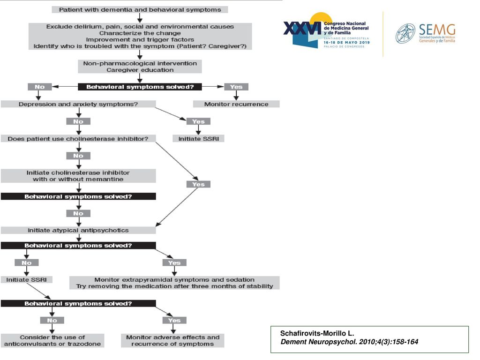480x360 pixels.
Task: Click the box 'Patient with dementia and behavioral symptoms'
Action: pos(140,9)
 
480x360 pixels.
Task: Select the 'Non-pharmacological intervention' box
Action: pos(140,67)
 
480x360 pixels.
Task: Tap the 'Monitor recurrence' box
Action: pos(236,104)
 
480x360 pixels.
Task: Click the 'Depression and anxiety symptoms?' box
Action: pos(78,104)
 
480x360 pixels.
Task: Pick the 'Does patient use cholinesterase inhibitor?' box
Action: pos(78,139)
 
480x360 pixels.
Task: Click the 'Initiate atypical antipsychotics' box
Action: pos(78,230)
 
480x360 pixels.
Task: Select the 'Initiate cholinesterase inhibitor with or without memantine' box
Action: pos(78,176)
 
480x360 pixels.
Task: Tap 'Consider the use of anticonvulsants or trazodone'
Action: pos(52,340)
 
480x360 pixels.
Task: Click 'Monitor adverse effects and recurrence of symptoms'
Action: pos(172,340)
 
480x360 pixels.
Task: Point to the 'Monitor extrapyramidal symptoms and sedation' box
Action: pos(174,283)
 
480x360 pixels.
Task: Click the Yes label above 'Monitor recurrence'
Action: pos(236,87)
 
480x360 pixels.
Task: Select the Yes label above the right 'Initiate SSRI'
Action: pos(198,121)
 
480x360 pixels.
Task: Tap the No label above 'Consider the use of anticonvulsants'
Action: pos(52,321)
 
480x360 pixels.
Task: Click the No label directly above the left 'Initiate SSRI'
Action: pos(27,262)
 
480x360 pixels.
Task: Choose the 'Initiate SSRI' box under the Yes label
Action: pos(198,139)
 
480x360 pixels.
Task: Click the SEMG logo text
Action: pos(437,30)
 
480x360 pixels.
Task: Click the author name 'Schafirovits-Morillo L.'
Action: pos(317,333)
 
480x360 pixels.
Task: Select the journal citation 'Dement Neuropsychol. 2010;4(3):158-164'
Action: pos(349,342)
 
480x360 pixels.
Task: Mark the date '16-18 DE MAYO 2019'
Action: pos(346,42)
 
